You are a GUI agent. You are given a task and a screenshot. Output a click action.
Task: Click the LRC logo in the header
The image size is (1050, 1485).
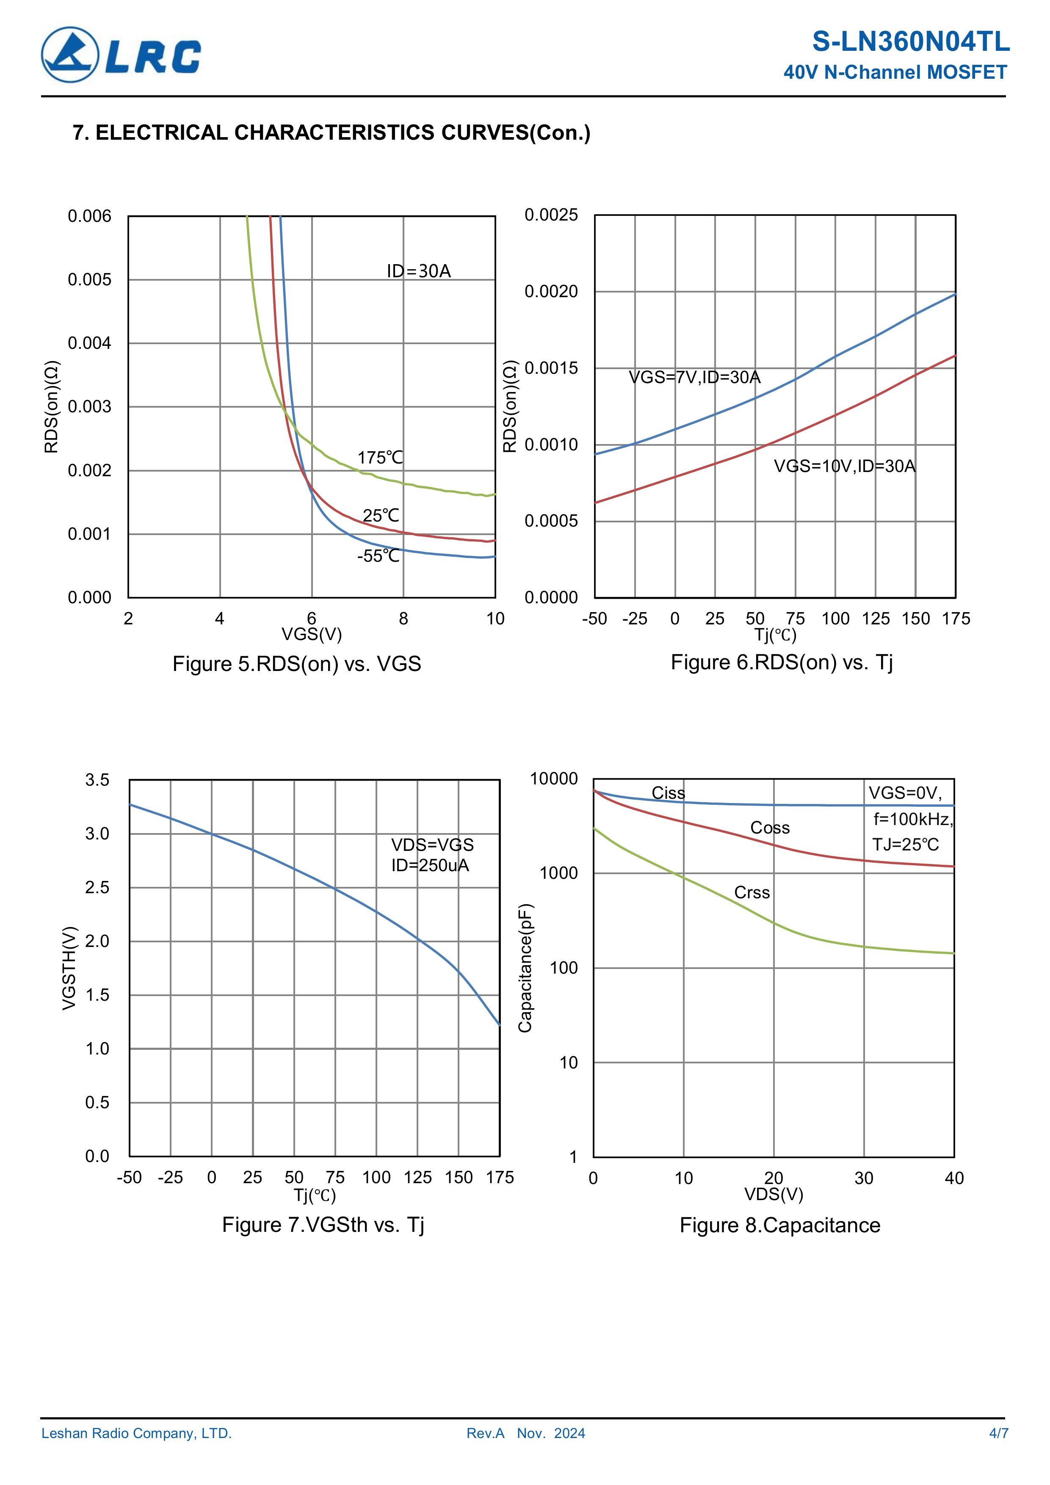click(121, 55)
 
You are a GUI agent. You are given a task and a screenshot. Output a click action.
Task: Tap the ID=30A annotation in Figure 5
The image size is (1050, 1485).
click(419, 271)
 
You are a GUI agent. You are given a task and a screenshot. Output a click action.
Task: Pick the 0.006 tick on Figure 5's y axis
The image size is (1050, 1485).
click(89, 216)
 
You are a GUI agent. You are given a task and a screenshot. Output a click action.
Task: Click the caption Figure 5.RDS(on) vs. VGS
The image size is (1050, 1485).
click(296, 664)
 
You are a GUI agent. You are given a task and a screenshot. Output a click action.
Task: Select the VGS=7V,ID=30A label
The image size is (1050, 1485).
click(694, 377)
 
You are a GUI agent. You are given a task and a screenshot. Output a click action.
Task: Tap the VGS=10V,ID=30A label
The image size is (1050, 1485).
click(844, 466)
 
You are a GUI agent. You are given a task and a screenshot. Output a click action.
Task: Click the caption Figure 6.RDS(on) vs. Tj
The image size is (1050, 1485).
click(782, 662)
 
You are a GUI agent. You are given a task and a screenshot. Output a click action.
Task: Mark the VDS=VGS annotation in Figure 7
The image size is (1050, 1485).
click(432, 845)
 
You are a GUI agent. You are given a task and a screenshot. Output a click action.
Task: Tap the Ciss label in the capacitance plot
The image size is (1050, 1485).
click(668, 793)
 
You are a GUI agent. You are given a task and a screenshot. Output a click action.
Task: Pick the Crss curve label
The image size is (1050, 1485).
click(752, 892)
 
